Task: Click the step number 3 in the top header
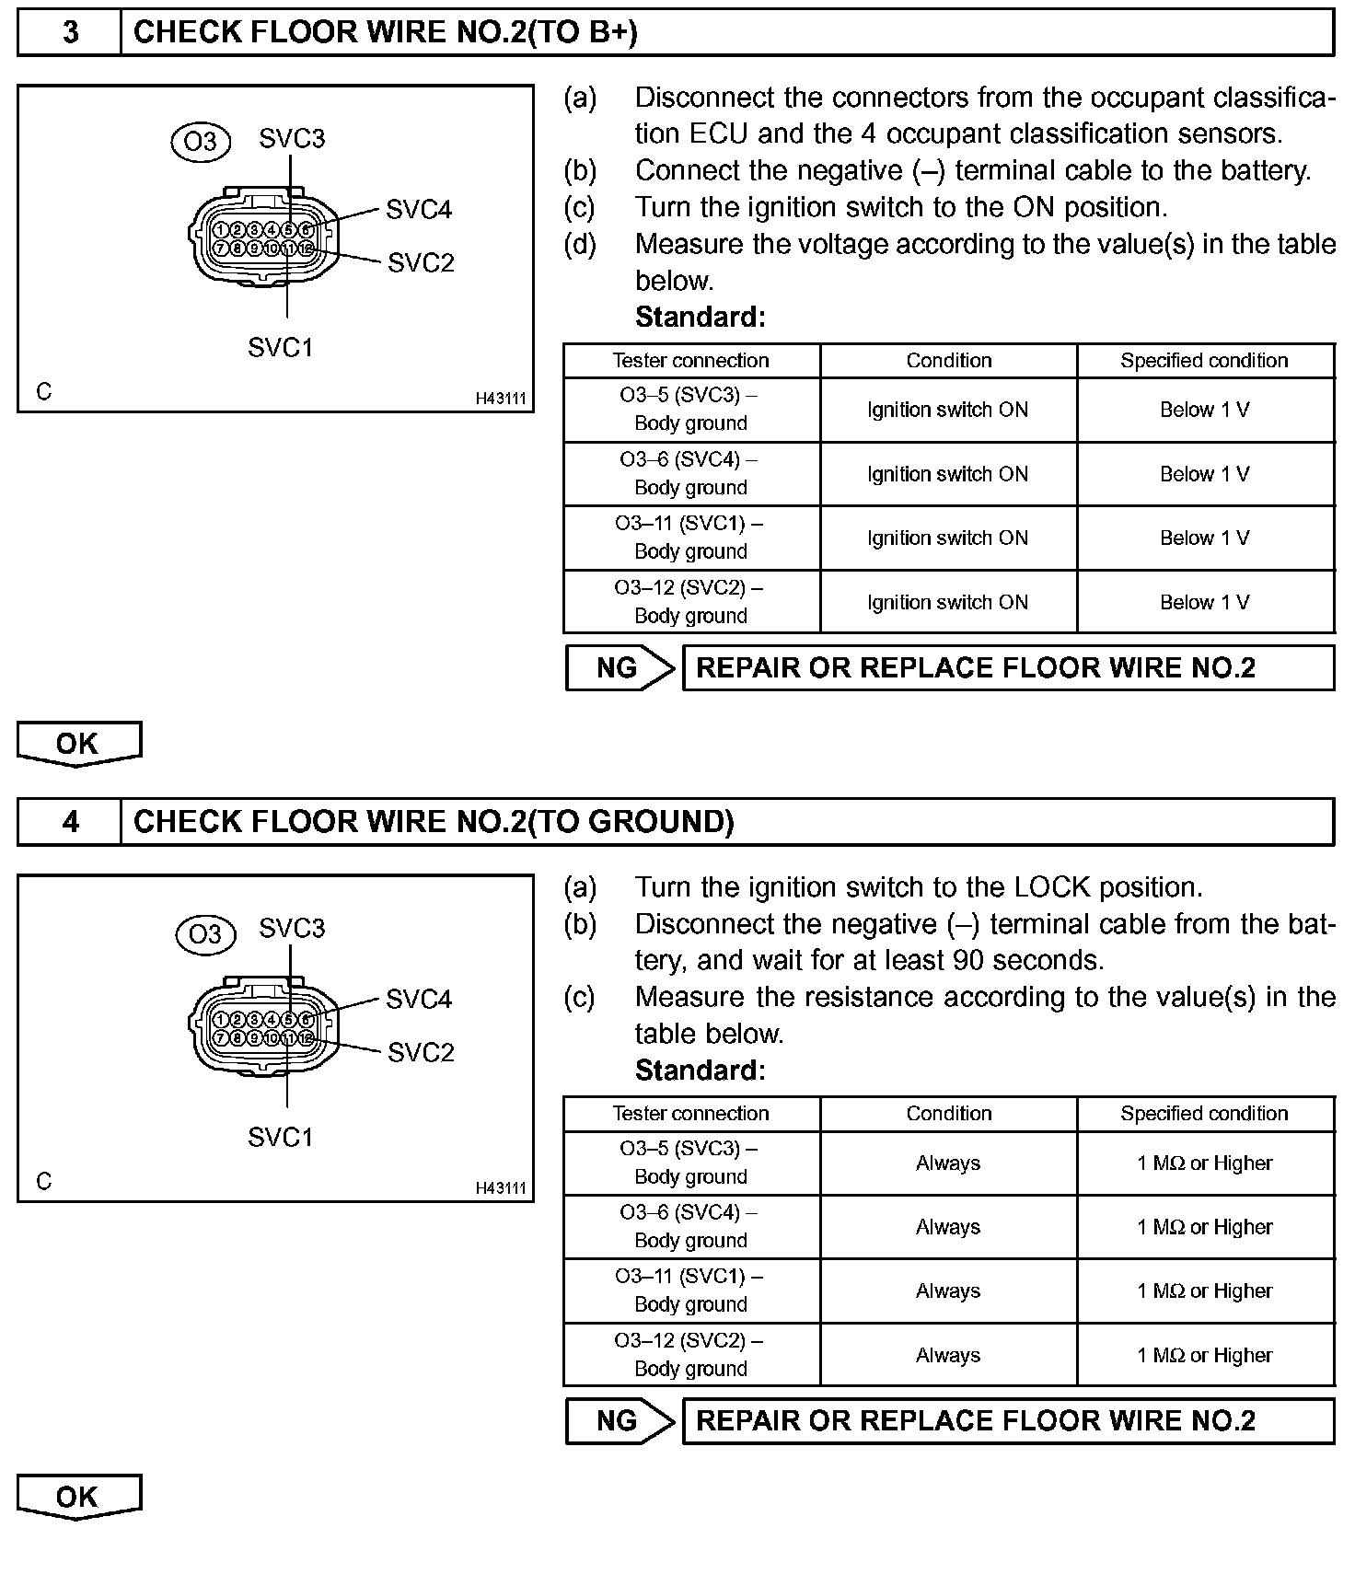point(70,32)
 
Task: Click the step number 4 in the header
point(70,821)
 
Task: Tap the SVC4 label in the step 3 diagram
point(419,210)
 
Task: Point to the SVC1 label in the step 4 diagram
point(281,1137)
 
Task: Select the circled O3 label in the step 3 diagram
point(201,141)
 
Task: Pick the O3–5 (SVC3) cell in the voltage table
point(690,410)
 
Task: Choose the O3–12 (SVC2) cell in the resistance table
point(690,1354)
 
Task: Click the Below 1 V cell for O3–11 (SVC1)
point(1205,538)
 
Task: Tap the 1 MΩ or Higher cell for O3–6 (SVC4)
point(1205,1227)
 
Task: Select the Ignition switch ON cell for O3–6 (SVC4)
point(947,474)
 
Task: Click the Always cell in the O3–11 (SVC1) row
point(947,1290)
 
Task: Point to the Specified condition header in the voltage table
point(1204,361)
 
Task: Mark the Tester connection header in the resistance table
point(690,1114)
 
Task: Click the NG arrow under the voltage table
point(620,668)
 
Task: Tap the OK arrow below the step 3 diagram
point(78,744)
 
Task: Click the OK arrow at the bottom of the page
point(78,1497)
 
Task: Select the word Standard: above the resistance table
point(700,1071)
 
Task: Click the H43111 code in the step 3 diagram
point(501,399)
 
